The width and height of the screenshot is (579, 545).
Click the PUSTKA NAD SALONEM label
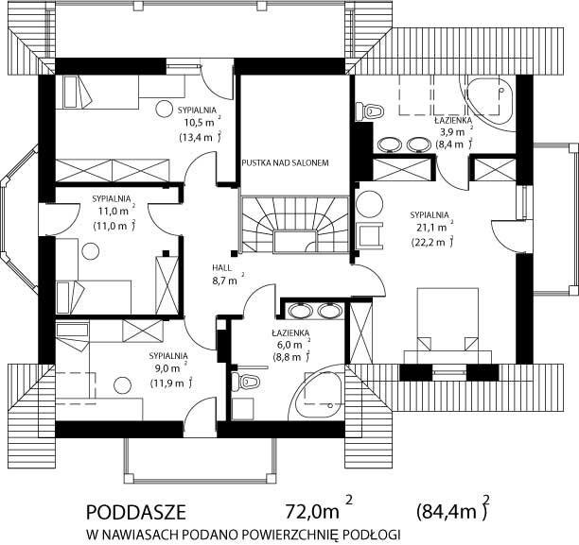285,162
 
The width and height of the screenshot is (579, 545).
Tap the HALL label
221,267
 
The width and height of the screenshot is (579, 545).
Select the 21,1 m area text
432,227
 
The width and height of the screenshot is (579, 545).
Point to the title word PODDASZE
136,512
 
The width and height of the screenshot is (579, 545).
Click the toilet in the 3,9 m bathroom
369,111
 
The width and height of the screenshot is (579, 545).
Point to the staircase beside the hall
294,225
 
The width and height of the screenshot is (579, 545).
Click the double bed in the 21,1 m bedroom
447,326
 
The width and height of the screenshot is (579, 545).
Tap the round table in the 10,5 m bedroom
164,109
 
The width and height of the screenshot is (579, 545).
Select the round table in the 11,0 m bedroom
91,251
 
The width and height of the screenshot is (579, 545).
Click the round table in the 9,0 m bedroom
123,386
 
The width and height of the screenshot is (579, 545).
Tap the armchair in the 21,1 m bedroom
370,234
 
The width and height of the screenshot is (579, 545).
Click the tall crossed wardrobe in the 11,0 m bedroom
167,285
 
